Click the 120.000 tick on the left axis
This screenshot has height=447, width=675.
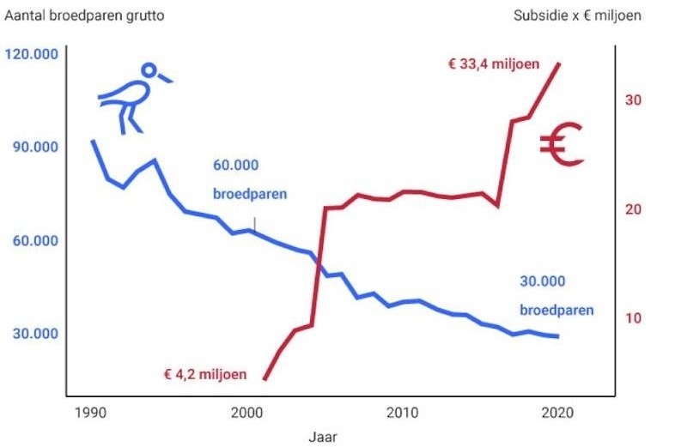[x=32, y=54]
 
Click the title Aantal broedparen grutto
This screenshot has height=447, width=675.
[x=85, y=15]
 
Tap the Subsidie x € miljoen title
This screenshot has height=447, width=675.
[x=577, y=15]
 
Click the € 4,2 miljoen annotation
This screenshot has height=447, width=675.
[x=205, y=375]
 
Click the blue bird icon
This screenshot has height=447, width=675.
[x=133, y=96]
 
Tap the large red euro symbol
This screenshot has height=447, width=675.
[x=562, y=143]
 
